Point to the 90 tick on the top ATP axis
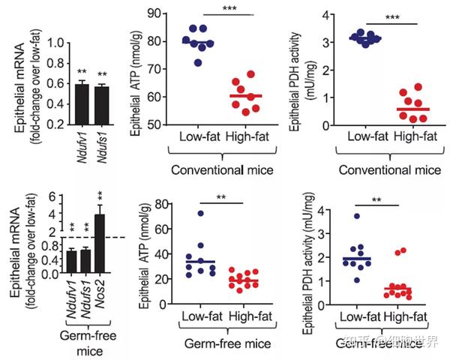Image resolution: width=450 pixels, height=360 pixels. click(147, 13)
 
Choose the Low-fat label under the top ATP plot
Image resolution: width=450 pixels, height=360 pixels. click(199, 137)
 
